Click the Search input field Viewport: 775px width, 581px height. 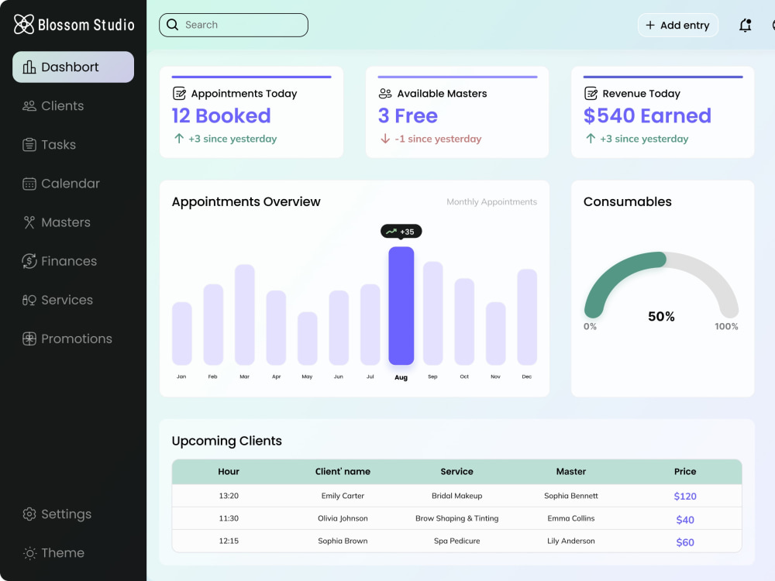coord(233,25)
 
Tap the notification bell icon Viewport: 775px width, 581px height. coord(745,25)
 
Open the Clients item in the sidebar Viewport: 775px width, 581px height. coord(53,105)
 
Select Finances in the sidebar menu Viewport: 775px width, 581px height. coord(60,261)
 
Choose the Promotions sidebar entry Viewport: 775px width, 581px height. coord(67,339)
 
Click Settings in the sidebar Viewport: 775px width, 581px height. coord(57,514)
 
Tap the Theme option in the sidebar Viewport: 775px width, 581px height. coord(53,553)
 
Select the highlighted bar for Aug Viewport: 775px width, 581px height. coord(401,306)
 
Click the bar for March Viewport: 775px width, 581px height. coord(245,315)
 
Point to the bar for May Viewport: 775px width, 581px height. coord(308,339)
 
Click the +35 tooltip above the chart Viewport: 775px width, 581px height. coord(401,231)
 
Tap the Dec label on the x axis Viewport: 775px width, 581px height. coord(527,376)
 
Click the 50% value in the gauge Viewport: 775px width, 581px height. coord(661,316)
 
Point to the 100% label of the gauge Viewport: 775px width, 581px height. coord(726,326)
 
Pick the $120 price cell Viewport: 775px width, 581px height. coord(685,496)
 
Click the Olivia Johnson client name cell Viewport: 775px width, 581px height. coord(343,518)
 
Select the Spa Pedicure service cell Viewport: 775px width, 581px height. coord(456,541)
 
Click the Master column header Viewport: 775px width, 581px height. coord(571,471)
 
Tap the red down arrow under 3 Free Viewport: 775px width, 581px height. coord(385,139)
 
